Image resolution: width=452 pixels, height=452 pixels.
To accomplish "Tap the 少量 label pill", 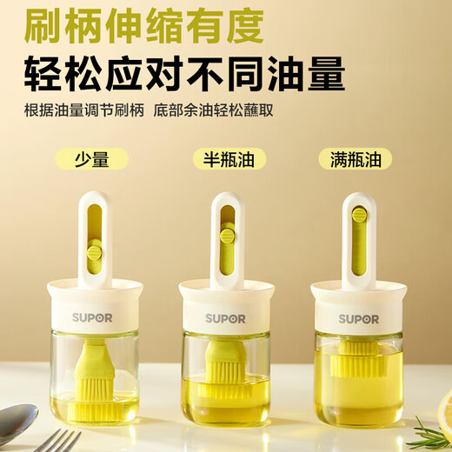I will (90, 159).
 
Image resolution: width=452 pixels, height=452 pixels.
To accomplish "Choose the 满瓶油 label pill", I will (355, 159).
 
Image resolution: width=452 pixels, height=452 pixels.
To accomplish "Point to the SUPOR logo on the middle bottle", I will (225, 318).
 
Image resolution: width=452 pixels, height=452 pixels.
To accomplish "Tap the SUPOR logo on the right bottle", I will (358, 318).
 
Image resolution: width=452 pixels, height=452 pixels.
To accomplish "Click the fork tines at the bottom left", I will (61, 441).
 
